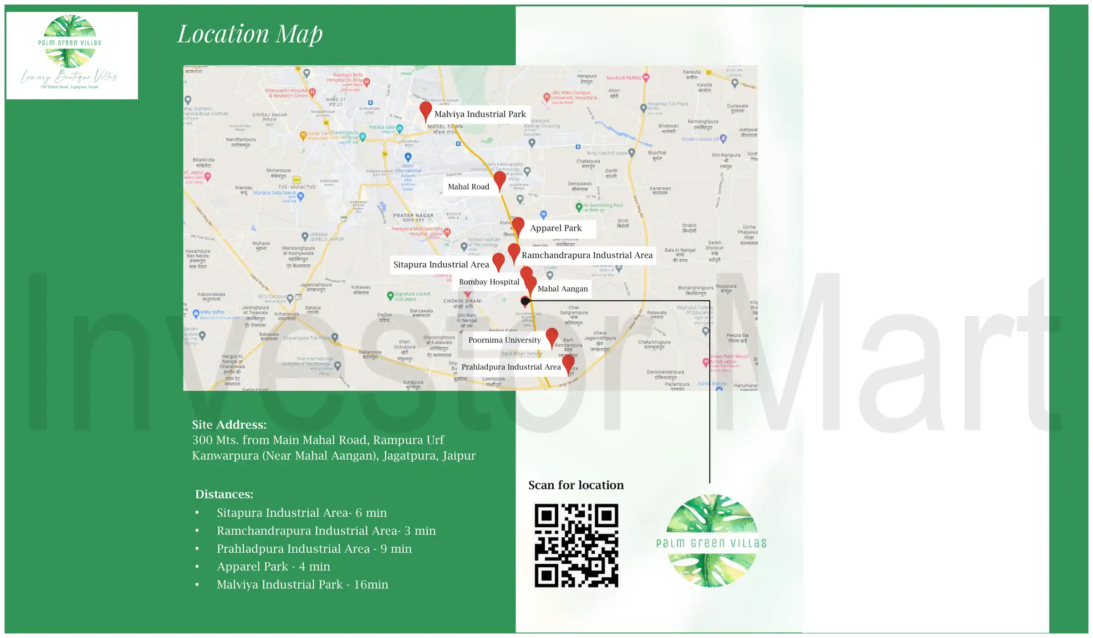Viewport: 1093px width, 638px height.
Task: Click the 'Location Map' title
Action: point(250,34)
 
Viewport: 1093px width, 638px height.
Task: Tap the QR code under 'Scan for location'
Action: point(576,545)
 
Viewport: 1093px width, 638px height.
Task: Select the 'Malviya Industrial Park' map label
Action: point(480,114)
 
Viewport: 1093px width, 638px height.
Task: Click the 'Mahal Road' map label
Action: point(469,187)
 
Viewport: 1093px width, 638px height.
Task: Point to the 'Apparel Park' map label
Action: point(556,228)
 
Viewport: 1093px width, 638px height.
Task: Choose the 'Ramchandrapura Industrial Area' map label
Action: point(587,255)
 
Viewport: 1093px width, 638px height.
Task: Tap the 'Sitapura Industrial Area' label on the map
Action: point(441,265)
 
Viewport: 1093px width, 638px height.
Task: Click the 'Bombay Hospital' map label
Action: point(489,282)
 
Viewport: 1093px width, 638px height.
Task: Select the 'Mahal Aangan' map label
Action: point(563,289)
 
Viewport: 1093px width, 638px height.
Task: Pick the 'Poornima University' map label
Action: point(505,340)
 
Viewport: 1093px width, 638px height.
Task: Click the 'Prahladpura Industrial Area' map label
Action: point(511,367)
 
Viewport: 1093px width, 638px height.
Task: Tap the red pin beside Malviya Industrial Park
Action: point(426,110)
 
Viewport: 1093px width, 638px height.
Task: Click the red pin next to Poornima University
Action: point(552,336)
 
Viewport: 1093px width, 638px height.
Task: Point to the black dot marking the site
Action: point(525,301)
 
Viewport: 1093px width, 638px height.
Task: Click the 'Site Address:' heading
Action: point(229,425)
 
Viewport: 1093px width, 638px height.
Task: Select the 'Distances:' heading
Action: point(224,494)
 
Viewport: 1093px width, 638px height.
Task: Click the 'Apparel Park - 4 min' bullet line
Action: point(273,566)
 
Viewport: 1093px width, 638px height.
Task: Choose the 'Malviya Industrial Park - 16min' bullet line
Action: point(302,585)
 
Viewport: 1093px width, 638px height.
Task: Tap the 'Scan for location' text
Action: point(576,485)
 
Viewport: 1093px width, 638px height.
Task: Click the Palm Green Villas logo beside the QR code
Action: point(711,541)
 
